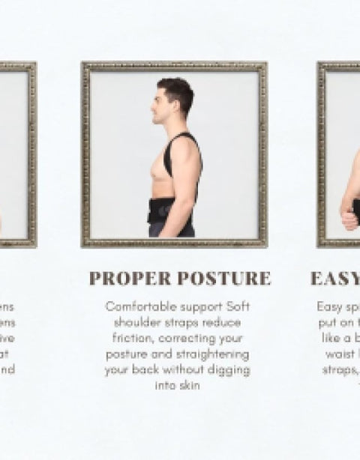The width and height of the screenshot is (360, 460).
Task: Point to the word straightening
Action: (x=214, y=354)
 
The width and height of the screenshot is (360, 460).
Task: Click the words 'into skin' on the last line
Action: (x=177, y=386)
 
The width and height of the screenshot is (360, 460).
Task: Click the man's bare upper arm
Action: (x=187, y=176)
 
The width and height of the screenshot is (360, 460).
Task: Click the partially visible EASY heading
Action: (x=334, y=279)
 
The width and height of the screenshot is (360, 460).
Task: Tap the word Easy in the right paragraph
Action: (x=329, y=306)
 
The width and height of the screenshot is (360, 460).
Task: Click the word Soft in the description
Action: (x=235, y=306)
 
